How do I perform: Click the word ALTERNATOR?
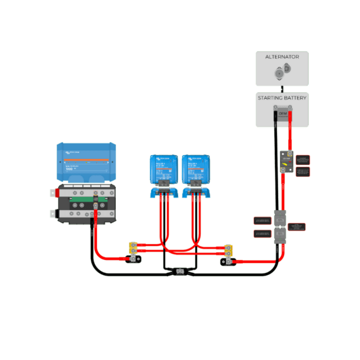tap(281, 57)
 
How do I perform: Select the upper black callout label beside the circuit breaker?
tap(302, 159)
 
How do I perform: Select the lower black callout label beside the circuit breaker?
tap(302, 171)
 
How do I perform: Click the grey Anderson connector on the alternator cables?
tap(281, 226)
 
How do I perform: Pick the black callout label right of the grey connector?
tap(297, 226)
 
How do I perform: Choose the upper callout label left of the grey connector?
tap(262, 221)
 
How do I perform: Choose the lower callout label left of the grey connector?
tap(262, 233)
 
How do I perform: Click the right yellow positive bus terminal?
tap(228, 249)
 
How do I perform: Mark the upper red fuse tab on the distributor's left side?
tap(53, 193)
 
